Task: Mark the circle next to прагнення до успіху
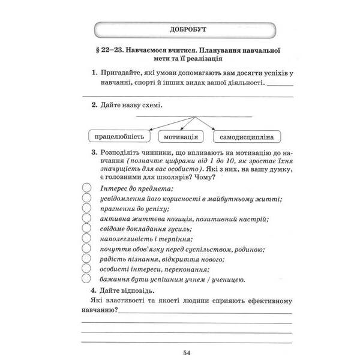point(86,209)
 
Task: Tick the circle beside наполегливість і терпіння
point(86,239)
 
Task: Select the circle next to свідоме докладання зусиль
point(86,229)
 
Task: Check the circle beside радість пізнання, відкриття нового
point(86,259)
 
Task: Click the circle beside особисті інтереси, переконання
point(86,269)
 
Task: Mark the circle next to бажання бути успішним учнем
point(86,279)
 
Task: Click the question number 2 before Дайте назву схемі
point(94,105)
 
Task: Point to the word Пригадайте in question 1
point(122,73)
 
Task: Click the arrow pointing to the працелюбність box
point(154,122)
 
